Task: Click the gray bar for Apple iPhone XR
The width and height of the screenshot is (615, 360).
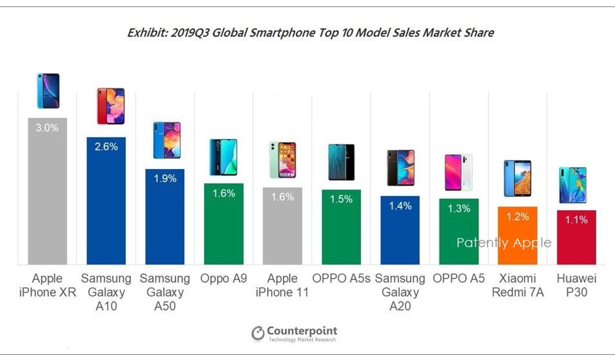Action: [47, 192]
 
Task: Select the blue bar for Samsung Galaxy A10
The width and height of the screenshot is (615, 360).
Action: [106, 205]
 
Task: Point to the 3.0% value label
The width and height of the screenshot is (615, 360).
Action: [47, 127]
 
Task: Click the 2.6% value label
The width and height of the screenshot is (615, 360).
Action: [106, 147]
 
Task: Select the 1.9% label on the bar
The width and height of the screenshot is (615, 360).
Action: [165, 179]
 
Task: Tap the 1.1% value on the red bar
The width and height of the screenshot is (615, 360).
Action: [577, 220]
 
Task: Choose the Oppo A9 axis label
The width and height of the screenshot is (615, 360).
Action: [224, 279]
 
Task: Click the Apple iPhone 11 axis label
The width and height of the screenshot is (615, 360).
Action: [283, 286]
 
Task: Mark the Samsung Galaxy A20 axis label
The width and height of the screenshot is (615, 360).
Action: [400, 292]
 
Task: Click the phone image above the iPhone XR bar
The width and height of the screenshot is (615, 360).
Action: [48, 90]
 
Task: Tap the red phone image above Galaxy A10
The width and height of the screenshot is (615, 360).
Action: [111, 106]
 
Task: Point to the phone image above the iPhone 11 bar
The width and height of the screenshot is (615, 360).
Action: [283, 160]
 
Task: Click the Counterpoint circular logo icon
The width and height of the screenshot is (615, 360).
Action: [258, 334]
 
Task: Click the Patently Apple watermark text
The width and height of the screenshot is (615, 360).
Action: [504, 243]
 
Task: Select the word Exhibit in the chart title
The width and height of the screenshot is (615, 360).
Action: [147, 33]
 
